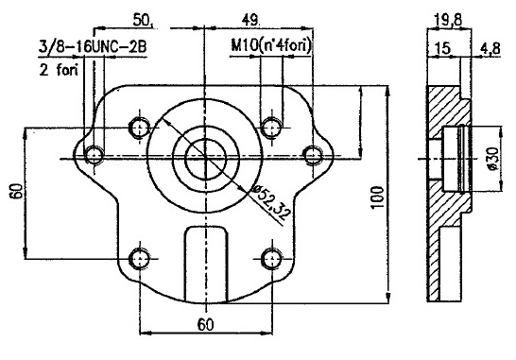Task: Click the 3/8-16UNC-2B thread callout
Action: pyautogui.click(x=93, y=47)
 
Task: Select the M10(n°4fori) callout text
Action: pyautogui.click(x=271, y=46)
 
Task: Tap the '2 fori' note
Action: pyautogui.click(x=59, y=69)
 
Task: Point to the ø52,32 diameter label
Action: pyautogui.click(x=270, y=204)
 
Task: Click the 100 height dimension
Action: pyautogui.click(x=377, y=197)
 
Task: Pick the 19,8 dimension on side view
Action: pyautogui.click(x=448, y=21)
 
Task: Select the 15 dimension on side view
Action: pyautogui.click(x=442, y=48)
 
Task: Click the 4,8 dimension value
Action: pyautogui.click(x=490, y=48)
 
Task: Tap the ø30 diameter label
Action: pyautogui.click(x=492, y=159)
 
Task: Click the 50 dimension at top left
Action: pyautogui.click(x=143, y=21)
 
